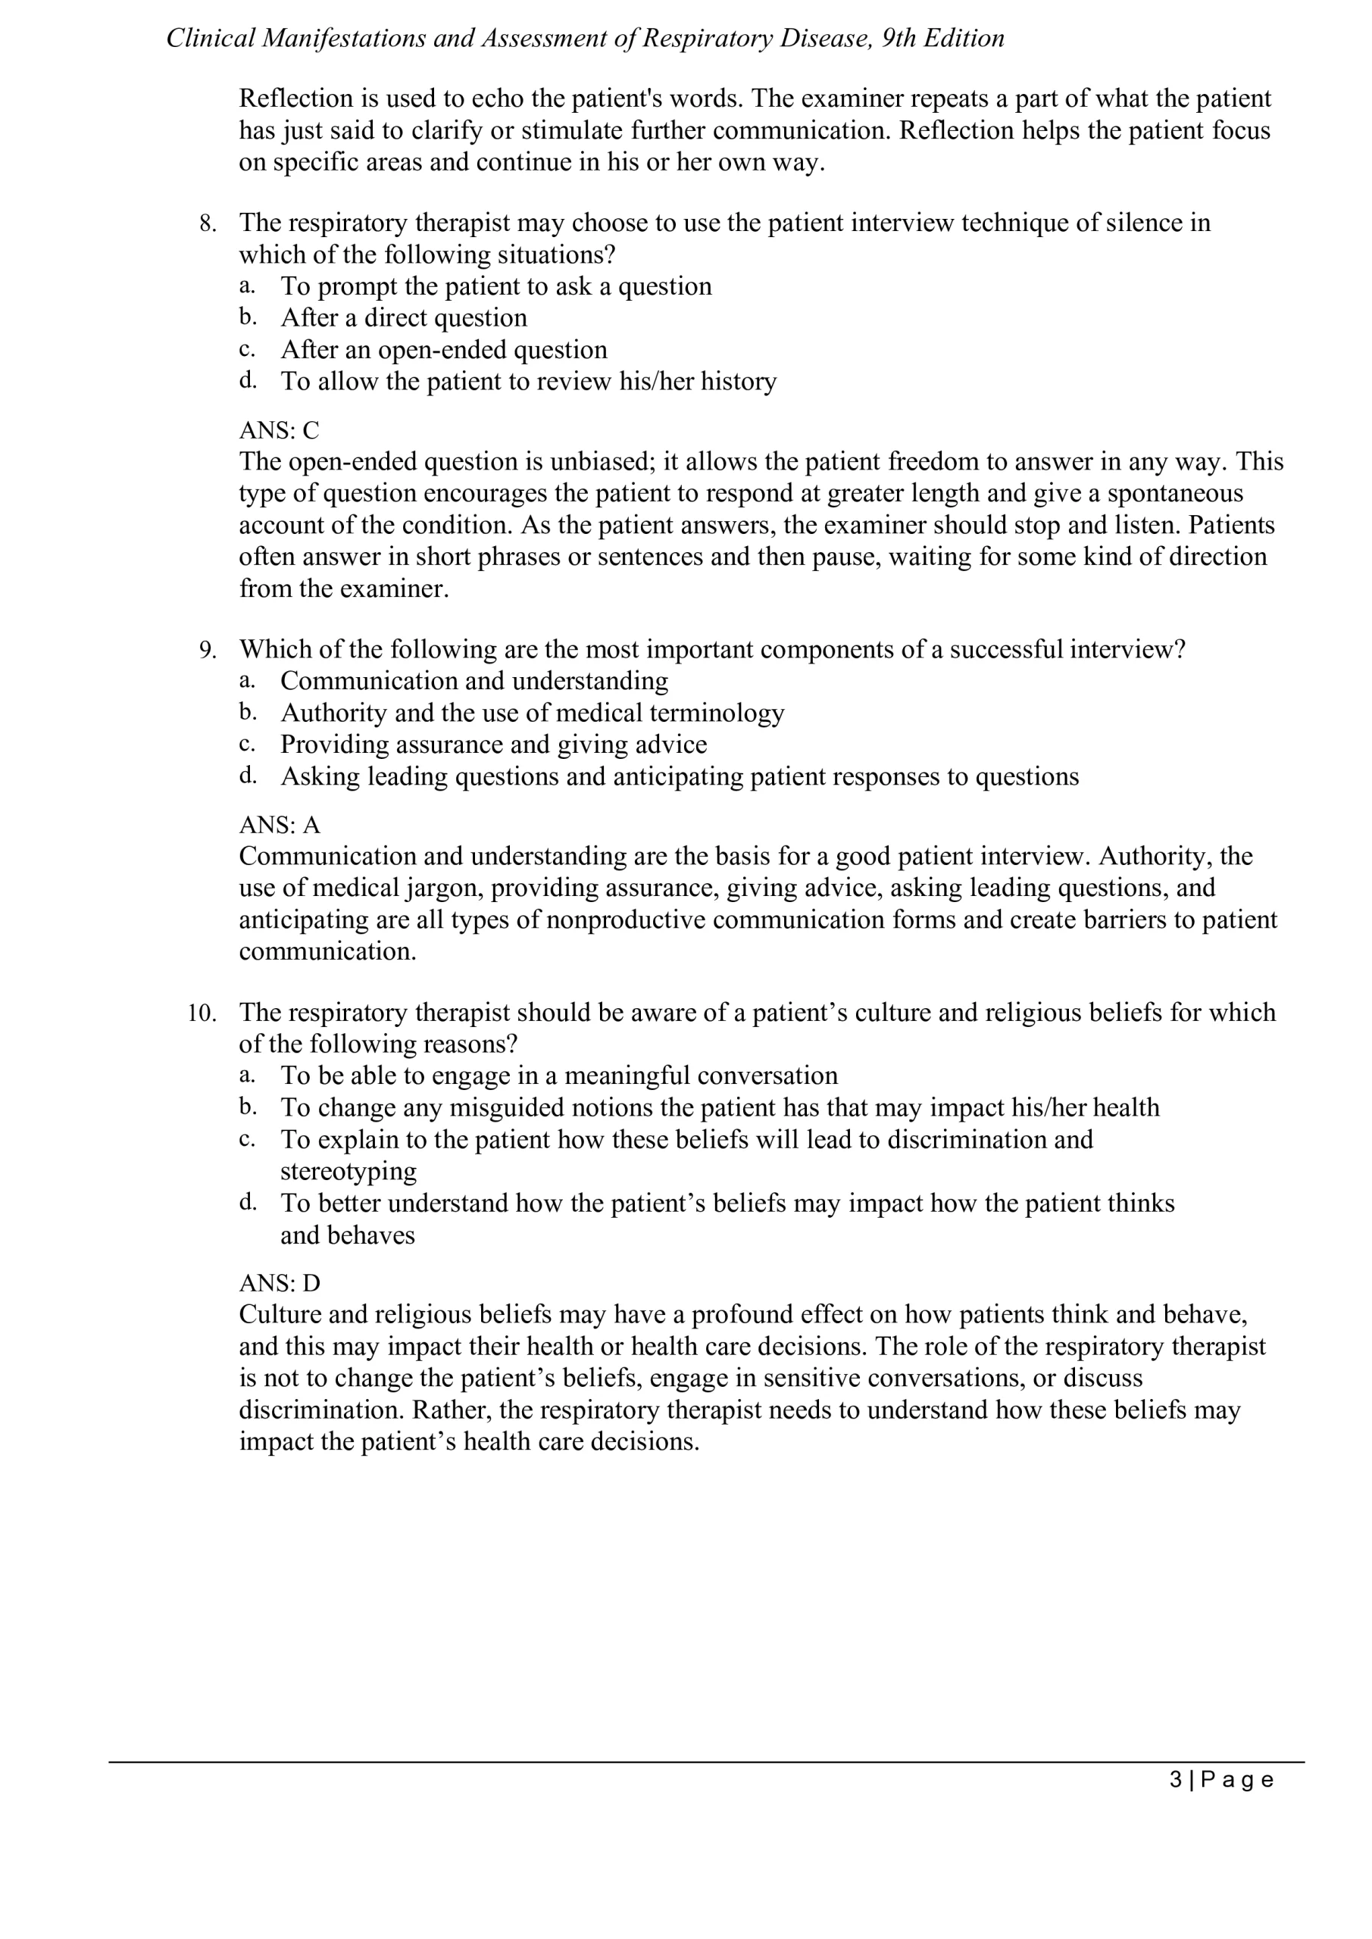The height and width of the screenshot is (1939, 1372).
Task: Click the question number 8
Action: tap(208, 223)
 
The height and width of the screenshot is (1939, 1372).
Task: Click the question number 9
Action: tap(208, 651)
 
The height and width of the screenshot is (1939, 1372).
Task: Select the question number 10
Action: tap(202, 1013)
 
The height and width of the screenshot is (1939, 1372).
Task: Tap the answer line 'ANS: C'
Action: tap(279, 431)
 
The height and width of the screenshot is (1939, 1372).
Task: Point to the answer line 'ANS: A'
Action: tap(279, 825)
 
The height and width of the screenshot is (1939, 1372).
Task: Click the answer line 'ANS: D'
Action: tap(280, 1284)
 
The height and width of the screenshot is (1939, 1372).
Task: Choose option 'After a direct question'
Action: tap(403, 318)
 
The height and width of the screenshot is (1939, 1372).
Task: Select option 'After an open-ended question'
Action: tap(443, 351)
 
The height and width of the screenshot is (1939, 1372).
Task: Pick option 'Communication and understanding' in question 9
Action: tap(474, 682)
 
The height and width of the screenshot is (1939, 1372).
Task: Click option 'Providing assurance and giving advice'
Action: tap(493, 745)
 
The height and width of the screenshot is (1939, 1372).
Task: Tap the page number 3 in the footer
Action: tap(1176, 1779)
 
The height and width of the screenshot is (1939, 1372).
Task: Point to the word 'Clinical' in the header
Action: tap(211, 39)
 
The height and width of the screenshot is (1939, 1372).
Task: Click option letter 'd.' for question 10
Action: tap(248, 1203)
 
